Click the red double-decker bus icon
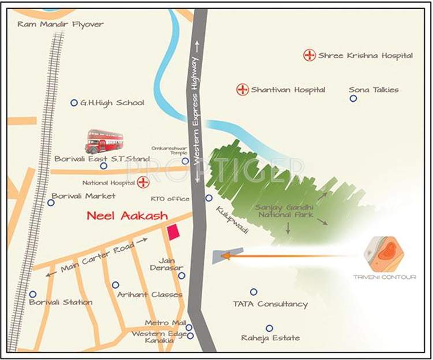pos(104,142)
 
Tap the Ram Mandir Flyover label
pos(61,24)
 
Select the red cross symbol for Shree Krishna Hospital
pos(310,55)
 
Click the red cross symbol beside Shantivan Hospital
pos(242,90)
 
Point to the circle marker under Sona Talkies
pos(353,99)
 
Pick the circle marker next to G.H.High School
pos(74,103)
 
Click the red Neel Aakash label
pos(127,216)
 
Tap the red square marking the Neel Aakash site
pos(173,232)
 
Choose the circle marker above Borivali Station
pos(33,294)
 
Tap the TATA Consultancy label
pos(270,304)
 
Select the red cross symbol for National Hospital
pos(143,183)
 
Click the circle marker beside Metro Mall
pos(189,327)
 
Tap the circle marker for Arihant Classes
pos(115,285)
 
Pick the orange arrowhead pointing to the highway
pos(226,255)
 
